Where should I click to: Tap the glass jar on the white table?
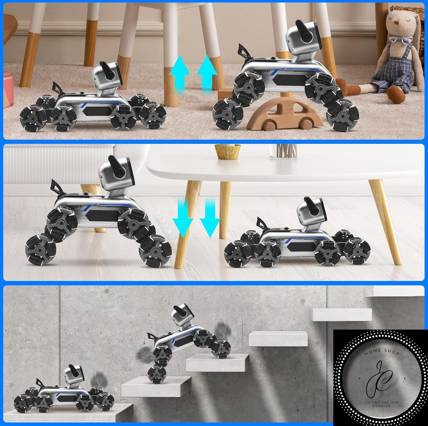(x=283, y=151)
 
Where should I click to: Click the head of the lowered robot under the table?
(x=311, y=211)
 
